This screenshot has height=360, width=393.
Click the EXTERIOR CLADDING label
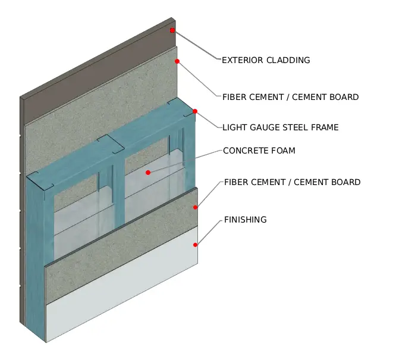point(266,60)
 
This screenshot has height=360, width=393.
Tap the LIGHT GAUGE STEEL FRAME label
point(281,127)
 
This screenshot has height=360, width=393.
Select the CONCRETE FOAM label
point(259,151)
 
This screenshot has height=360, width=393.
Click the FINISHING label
point(246,220)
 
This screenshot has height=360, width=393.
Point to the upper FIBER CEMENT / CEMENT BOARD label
point(291,97)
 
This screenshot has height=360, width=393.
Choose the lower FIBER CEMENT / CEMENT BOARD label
point(293,182)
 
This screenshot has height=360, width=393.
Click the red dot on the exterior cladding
point(172,30)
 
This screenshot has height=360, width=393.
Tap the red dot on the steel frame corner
point(195,111)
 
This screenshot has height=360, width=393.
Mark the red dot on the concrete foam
point(148,173)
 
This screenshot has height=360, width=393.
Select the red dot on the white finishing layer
point(195,245)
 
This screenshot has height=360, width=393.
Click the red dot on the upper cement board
point(177,61)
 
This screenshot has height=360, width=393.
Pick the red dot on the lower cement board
point(195,207)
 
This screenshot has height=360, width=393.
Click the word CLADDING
point(288,60)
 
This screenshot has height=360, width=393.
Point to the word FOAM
point(282,151)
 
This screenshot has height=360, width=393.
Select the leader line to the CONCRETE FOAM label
point(186,161)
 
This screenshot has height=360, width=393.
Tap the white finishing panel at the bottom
point(122,283)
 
